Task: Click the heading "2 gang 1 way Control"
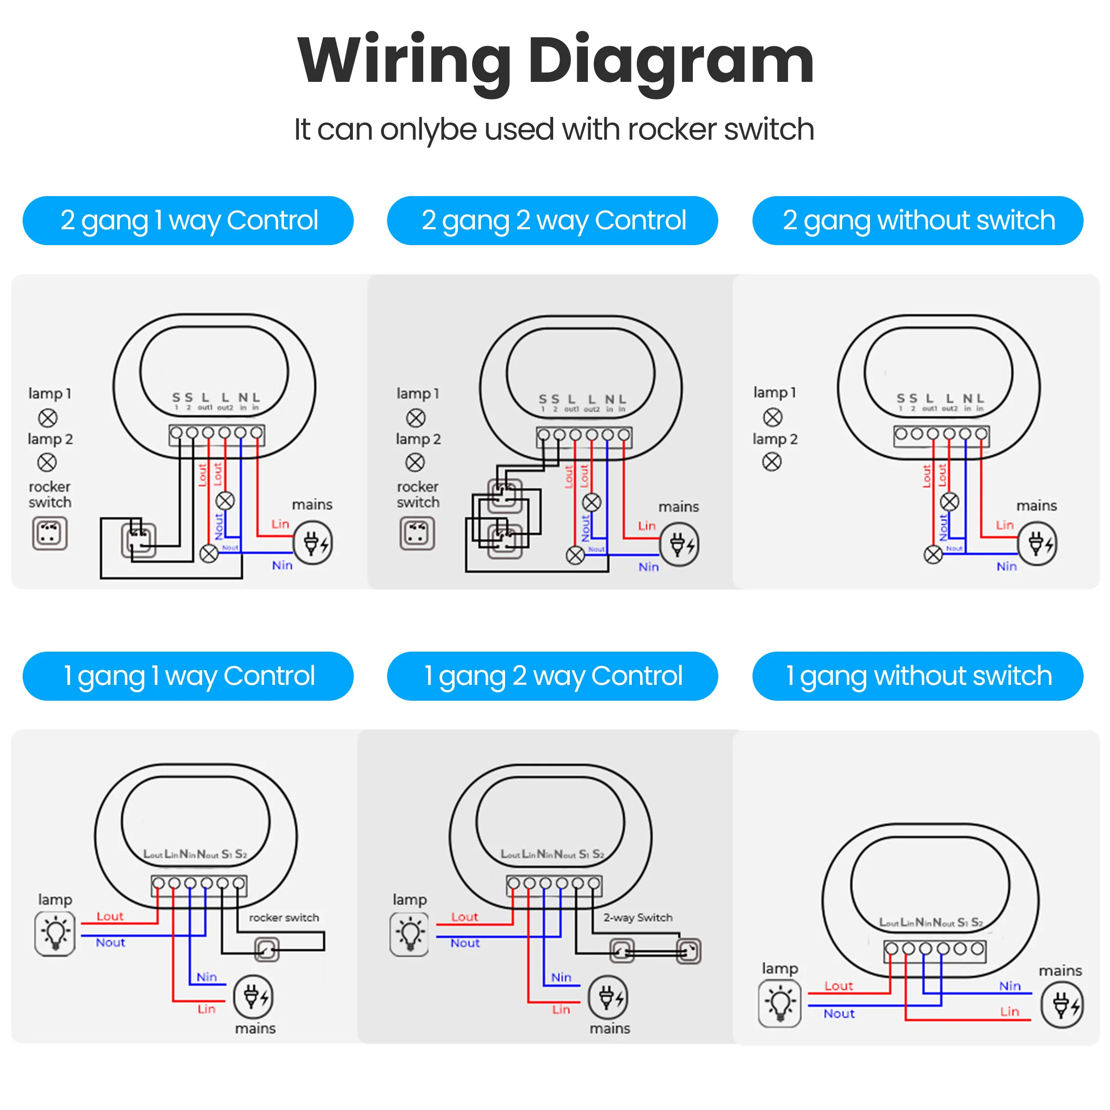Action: point(188,221)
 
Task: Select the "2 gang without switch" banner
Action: point(918,221)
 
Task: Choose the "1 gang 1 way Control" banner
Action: point(188,676)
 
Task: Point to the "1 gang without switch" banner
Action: point(918,676)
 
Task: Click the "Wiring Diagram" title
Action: point(555,60)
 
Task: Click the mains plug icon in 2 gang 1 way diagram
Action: point(313,543)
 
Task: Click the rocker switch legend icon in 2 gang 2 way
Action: point(417,534)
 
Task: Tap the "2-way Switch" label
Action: point(638,918)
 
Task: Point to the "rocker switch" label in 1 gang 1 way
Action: point(284,918)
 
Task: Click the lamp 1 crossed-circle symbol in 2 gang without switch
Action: point(773,417)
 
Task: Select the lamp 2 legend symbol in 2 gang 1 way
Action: point(47,462)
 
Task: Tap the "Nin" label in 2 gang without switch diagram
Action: point(1006,567)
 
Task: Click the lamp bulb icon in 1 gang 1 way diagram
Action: point(55,934)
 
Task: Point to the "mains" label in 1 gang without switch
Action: point(1060,971)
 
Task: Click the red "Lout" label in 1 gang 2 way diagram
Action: point(464,917)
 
